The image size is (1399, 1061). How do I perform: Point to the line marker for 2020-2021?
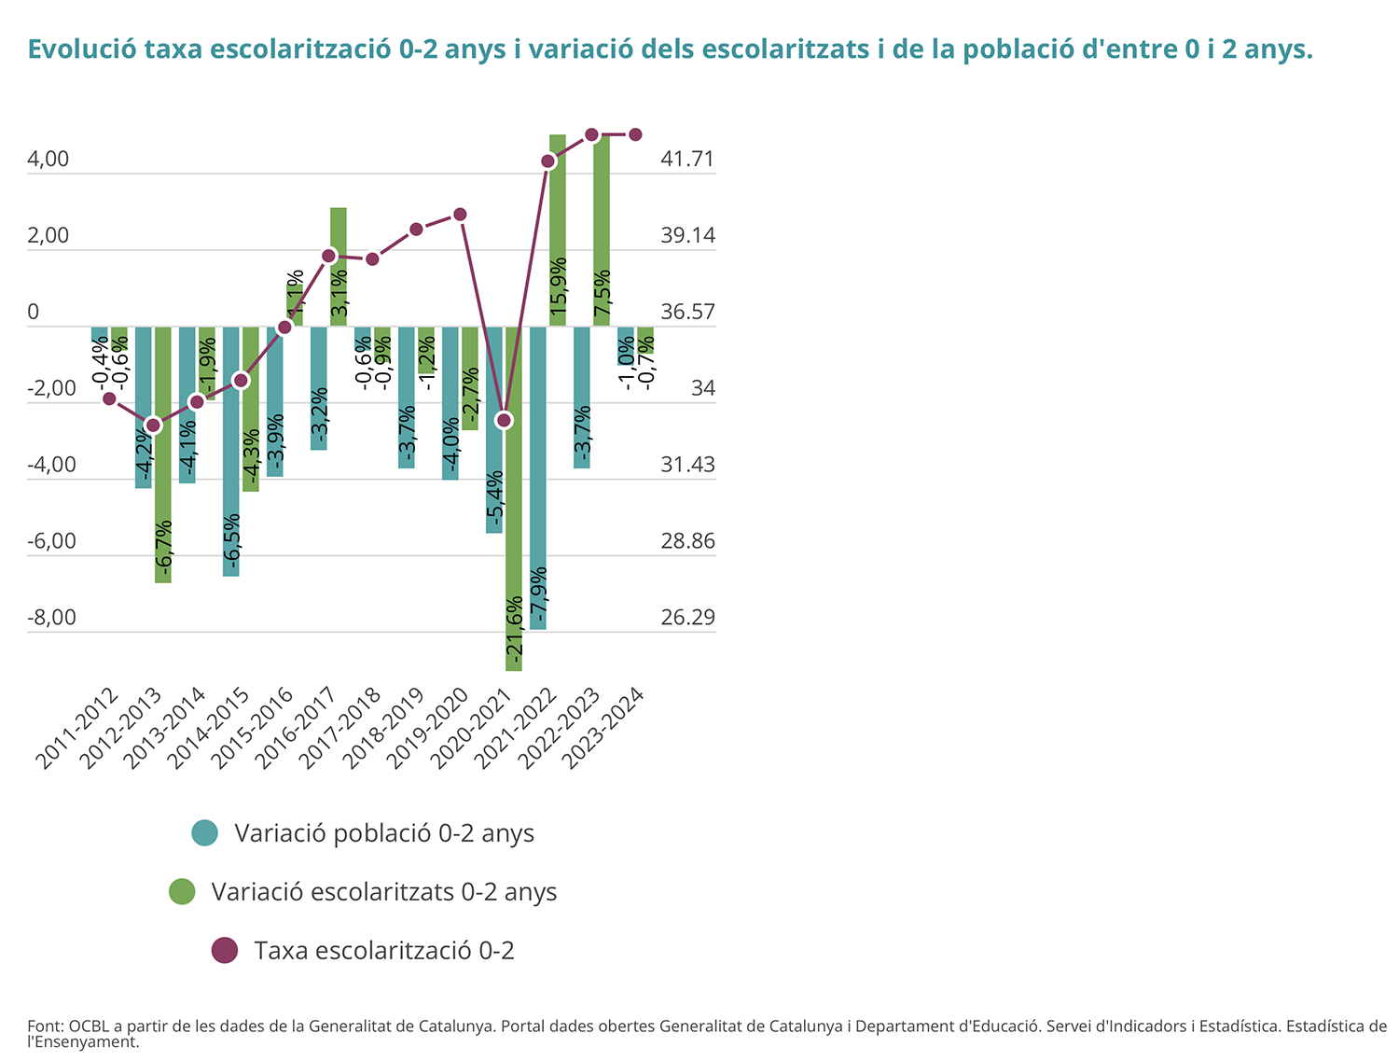[505, 421]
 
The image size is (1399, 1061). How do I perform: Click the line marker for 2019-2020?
[460, 215]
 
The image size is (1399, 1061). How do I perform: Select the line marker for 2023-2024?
[635, 134]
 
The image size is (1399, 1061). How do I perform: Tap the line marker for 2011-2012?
[109, 398]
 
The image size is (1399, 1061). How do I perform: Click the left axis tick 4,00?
[48, 160]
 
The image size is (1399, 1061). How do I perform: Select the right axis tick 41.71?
[687, 160]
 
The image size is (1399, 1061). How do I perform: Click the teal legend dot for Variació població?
[204, 832]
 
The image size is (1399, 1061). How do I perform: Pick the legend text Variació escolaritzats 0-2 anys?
[384, 892]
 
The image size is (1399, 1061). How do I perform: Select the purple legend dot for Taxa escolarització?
[225, 951]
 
